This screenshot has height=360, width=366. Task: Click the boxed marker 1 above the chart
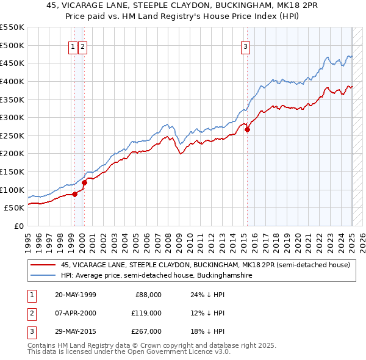(73, 46)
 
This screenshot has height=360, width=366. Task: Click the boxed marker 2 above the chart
(82, 46)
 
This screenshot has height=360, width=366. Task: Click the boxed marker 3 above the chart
(245, 46)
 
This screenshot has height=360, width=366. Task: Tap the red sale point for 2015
(247, 129)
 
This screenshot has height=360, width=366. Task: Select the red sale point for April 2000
(85, 182)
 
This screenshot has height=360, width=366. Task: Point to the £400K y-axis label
(12, 81)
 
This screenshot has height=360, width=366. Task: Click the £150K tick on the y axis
(12, 171)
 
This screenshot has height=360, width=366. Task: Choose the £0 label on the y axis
(19, 226)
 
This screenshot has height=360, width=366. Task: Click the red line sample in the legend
(43, 265)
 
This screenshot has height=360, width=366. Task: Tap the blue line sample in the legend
(43, 276)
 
